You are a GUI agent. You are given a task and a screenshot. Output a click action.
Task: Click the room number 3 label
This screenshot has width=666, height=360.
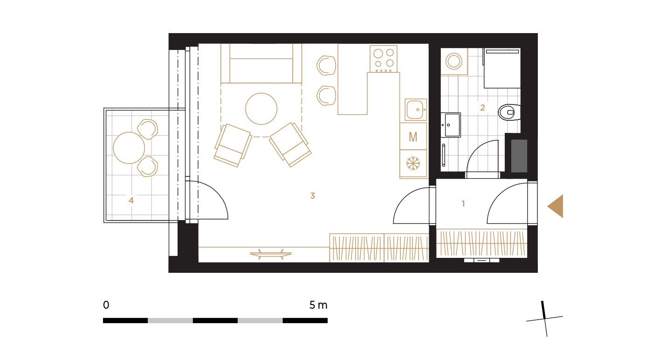click(x=312, y=195)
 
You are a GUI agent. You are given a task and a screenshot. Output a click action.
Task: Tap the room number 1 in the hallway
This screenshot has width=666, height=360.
click(x=463, y=203)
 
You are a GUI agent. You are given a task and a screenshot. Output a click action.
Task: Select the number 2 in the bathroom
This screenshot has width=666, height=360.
click(x=482, y=107)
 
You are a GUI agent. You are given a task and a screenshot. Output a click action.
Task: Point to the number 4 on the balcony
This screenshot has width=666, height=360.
click(x=131, y=200)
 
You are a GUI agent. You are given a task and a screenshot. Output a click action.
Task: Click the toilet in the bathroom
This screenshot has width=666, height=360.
click(x=509, y=112)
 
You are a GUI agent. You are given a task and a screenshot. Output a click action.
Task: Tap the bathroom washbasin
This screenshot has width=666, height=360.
click(x=451, y=125)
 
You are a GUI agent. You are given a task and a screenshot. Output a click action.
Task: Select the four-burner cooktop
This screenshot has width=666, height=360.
click(x=384, y=59)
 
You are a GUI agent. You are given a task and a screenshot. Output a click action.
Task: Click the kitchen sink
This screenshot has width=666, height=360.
click(x=416, y=110)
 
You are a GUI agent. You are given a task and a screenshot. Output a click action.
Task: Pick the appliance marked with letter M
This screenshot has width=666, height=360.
click(x=413, y=136)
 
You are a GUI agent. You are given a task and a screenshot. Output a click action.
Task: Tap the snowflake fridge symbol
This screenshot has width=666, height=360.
click(x=413, y=164)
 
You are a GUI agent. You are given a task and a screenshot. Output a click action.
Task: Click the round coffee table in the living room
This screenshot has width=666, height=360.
click(x=261, y=109)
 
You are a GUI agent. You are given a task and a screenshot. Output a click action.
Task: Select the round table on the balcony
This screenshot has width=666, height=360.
click(x=129, y=148)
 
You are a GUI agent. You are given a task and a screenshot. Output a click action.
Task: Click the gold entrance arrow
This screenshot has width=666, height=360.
click(x=555, y=206)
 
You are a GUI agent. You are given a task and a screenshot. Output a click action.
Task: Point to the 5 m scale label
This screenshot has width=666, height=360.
click(x=318, y=305)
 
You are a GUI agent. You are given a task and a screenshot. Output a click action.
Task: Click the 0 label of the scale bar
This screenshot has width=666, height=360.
click(x=106, y=305)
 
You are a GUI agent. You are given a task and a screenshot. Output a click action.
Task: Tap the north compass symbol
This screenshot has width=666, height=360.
click(x=544, y=318)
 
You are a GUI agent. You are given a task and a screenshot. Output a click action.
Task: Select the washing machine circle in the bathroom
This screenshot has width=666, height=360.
click(x=454, y=62)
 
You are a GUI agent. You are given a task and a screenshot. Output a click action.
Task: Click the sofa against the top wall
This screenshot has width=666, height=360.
click(x=261, y=63)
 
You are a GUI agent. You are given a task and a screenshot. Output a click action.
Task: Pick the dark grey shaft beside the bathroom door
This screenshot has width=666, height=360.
click(x=519, y=156)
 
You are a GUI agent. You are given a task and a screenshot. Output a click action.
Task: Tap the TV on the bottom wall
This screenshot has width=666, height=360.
click(x=271, y=254)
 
